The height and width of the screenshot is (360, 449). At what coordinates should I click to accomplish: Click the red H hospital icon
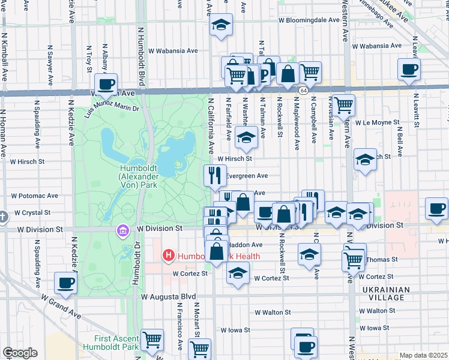point(169,256)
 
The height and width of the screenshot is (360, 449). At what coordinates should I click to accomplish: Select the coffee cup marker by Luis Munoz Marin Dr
point(106,85)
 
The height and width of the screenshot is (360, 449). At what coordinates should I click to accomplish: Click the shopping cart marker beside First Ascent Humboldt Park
point(152,340)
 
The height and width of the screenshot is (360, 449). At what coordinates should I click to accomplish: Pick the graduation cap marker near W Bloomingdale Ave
point(220,25)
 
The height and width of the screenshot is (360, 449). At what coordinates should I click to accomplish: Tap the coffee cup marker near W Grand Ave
point(65,283)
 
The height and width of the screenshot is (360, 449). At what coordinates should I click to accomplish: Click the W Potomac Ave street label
point(34,196)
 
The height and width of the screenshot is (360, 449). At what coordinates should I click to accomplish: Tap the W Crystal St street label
point(32,212)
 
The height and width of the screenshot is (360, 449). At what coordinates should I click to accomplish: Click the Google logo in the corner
point(20,353)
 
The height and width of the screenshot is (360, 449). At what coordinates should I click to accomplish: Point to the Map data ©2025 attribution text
point(423,355)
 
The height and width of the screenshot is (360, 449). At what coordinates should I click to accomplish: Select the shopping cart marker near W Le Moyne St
point(344,105)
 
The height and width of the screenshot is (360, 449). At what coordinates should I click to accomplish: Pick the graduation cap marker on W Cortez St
point(238,272)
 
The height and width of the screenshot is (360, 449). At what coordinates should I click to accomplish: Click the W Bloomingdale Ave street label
point(310,20)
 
